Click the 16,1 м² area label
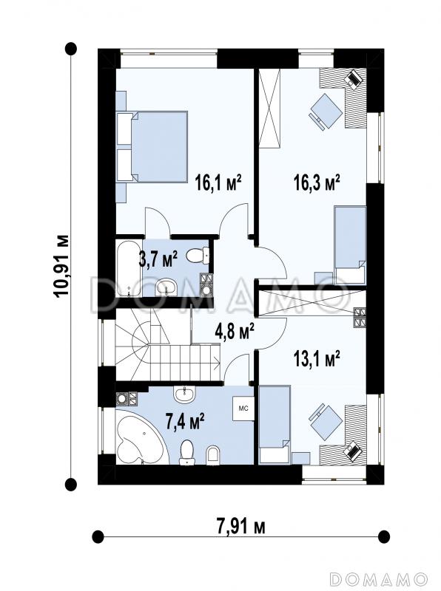[x=218, y=182]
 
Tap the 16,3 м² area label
[x=317, y=182]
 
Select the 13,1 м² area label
[x=317, y=358]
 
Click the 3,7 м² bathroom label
[x=158, y=259]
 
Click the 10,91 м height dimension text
[x=61, y=267]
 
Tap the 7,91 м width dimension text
[x=241, y=525]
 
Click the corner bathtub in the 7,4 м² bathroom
[x=140, y=437]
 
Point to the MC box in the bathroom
[x=243, y=409]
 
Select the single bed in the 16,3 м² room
[x=351, y=245]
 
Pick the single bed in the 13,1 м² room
[x=275, y=424]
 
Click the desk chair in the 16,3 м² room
[x=326, y=112]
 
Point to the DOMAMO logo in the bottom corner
[x=379, y=578]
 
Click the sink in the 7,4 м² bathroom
[x=185, y=394]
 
